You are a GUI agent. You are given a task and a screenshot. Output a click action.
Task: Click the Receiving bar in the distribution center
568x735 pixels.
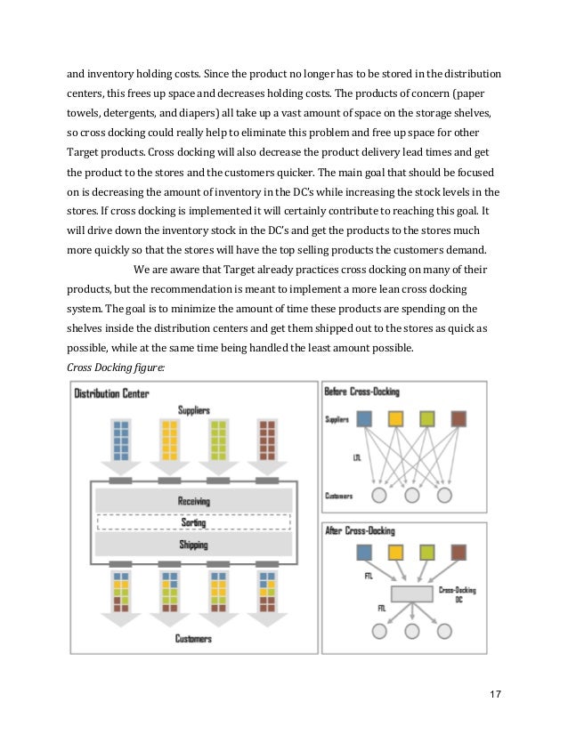click(193, 501)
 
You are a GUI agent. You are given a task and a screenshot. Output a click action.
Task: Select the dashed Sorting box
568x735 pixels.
click(193, 523)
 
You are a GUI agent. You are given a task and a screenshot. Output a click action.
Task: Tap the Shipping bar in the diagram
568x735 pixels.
click(193, 545)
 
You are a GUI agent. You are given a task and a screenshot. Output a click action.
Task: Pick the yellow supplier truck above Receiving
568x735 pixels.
click(169, 440)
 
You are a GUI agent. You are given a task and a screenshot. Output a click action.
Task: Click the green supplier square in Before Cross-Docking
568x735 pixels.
click(426, 418)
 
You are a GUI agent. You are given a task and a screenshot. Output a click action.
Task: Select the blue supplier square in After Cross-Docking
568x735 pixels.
click(363, 553)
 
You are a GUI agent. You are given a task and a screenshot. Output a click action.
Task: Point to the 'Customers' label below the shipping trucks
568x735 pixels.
click(193, 639)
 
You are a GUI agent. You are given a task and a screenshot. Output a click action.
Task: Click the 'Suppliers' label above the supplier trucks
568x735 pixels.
click(193, 410)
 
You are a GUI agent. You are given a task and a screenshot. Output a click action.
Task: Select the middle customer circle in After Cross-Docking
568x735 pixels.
click(411, 630)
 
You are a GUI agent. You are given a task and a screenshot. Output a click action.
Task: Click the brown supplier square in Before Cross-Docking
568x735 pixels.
click(458, 418)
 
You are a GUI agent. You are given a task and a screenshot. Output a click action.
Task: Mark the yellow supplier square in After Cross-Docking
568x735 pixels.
click(395, 553)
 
